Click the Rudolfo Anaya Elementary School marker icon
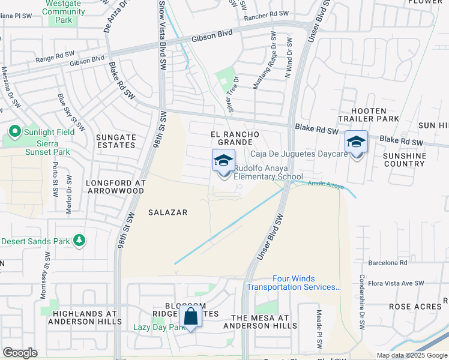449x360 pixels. pos(223,162)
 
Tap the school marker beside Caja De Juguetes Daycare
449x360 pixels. pos(356,143)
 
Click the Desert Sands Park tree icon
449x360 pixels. pos(79,241)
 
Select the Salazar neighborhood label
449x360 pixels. pos(169,212)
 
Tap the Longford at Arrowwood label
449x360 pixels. pos(115,186)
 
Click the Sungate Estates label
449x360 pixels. pos(116,141)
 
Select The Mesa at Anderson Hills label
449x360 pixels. pos(260,322)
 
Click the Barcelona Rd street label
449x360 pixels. pos(387,263)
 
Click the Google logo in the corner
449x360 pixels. pos(20,353)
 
